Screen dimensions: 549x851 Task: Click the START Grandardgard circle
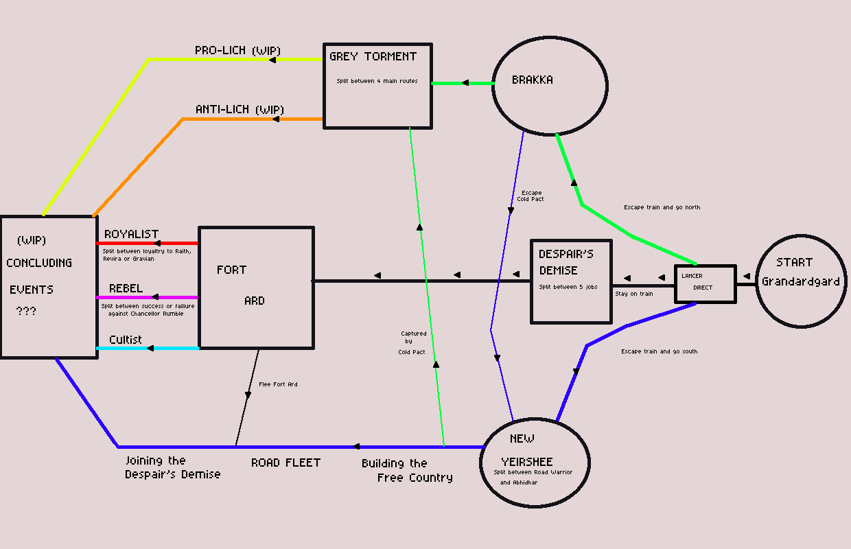(801, 281)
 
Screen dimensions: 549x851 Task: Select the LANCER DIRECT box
(705, 283)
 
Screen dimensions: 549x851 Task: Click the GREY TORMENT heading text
(373, 56)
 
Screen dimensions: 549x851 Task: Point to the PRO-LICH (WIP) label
(237, 51)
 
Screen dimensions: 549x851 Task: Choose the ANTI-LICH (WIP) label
(240, 110)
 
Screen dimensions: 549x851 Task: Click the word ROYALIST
(131, 234)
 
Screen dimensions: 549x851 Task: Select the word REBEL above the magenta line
(126, 288)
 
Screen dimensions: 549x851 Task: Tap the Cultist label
(126, 340)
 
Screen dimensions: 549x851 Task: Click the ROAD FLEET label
(285, 463)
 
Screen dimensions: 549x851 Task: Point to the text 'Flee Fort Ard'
(278, 384)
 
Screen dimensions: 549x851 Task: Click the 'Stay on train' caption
(634, 294)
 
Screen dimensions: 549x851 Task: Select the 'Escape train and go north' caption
(662, 207)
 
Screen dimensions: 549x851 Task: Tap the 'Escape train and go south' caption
(659, 351)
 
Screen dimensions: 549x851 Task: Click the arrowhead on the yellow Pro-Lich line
(272, 60)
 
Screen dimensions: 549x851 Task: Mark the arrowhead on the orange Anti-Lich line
(275, 119)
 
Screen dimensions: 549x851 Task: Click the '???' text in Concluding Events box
(26, 312)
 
